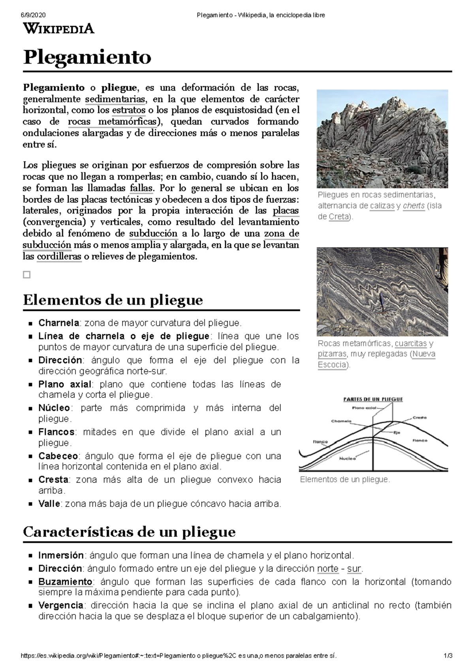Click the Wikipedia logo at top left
58,28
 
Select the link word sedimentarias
115,99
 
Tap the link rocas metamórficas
113,122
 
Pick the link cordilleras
59,257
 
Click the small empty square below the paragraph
26,275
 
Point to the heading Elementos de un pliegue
113,300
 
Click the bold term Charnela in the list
58,323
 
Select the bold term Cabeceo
58,456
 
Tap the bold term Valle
49,504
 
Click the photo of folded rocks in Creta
382,138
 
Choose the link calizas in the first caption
382,206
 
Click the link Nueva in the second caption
424,354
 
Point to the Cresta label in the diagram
419,417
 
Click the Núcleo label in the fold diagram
347,458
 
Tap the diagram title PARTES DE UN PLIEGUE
373,399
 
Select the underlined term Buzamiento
65,582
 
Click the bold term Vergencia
60,605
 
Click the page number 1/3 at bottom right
448,656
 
